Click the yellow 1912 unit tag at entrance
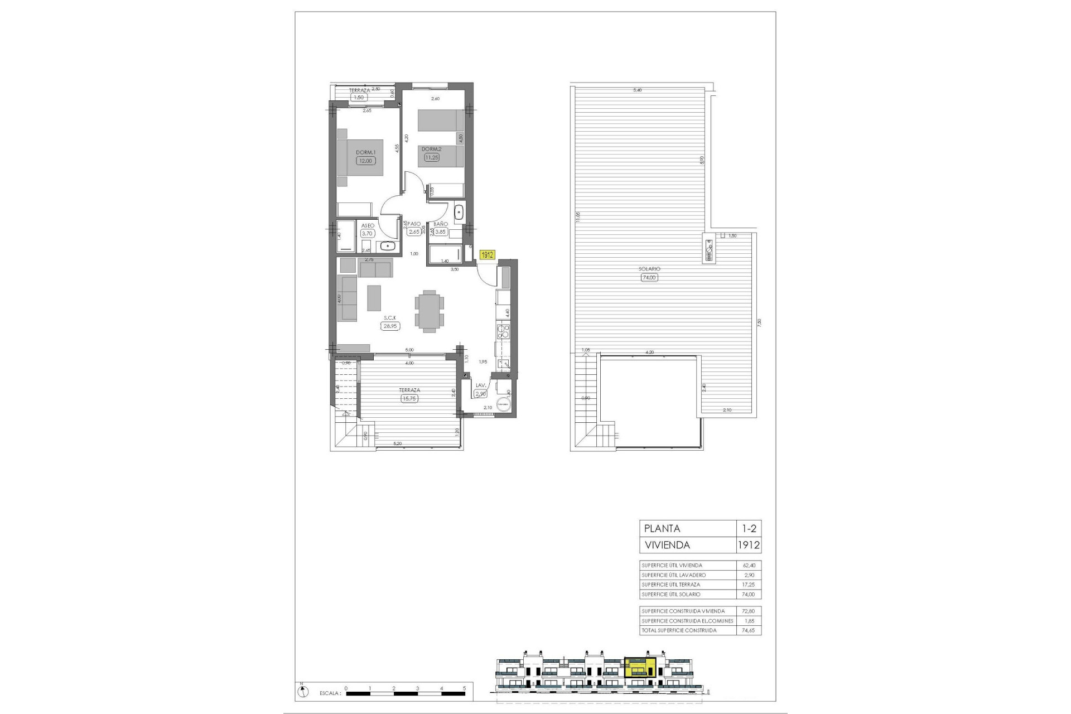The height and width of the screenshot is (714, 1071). (488, 254)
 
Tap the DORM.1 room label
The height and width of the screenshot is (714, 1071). (366, 152)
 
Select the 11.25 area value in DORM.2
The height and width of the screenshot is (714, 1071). (431, 157)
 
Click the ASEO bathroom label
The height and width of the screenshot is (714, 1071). (368, 225)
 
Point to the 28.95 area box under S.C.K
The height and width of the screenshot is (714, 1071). (390, 326)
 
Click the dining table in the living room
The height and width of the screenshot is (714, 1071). (430, 311)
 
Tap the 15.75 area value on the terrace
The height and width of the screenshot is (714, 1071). (409, 398)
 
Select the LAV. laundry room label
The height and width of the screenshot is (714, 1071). (480, 385)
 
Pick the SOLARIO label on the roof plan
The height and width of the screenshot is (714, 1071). (649, 269)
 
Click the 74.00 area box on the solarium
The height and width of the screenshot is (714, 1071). (649, 277)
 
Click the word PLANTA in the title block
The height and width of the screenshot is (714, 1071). (662, 528)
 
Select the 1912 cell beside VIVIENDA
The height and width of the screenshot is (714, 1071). (747, 545)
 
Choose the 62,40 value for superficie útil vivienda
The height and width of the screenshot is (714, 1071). (747, 566)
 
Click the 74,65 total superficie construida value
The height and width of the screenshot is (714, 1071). (747, 630)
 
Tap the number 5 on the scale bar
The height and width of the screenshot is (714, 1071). (464, 688)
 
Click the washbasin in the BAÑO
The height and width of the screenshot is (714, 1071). (459, 213)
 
